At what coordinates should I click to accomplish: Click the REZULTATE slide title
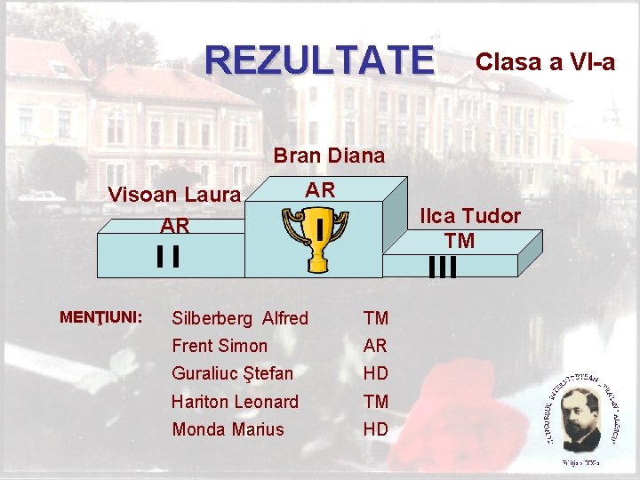tap(320, 60)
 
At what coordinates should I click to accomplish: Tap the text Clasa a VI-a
tap(545, 61)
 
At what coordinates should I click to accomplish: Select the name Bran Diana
tap(329, 156)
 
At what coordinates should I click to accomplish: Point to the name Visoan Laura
tap(173, 195)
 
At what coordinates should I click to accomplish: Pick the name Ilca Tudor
tap(470, 216)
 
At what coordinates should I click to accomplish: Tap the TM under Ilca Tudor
tap(460, 240)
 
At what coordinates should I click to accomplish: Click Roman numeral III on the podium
tap(442, 267)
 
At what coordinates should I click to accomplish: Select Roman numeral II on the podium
tap(167, 256)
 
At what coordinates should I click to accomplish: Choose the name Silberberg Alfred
tap(240, 318)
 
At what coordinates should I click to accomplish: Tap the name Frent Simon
tap(220, 346)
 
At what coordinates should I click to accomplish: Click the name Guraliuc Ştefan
tap(232, 372)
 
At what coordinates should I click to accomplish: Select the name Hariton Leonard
tap(235, 402)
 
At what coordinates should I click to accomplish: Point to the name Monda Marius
tap(228, 429)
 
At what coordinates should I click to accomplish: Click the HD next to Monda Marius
tap(375, 429)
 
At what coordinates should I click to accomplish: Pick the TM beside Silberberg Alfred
tap(375, 318)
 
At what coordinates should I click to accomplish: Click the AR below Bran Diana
tap(320, 189)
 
